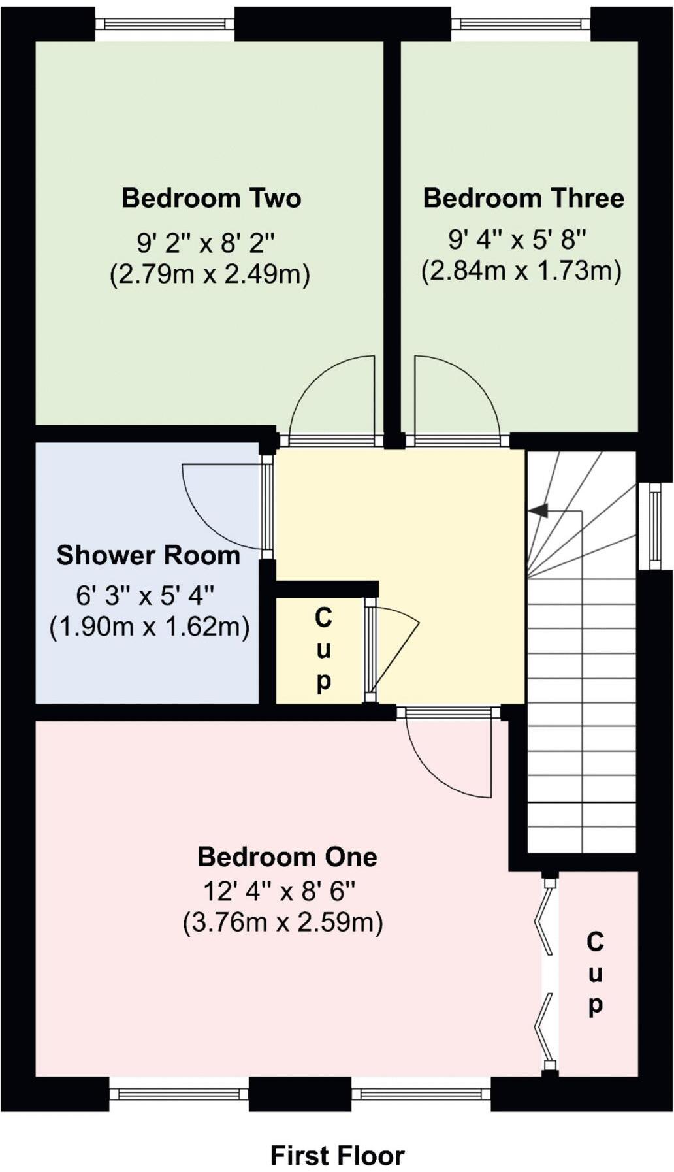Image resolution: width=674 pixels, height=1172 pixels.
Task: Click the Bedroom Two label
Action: coord(211,198)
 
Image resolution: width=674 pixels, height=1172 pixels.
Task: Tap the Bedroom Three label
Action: coord(523,198)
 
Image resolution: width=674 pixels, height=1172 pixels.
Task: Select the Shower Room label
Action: coord(148,555)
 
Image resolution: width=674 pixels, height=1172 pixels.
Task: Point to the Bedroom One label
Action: coord(287,856)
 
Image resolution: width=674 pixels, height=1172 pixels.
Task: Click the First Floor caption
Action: coord(337,1155)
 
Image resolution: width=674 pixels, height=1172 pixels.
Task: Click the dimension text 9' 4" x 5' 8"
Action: coord(517,240)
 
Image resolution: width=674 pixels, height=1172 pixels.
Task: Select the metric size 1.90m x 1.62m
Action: coord(150,627)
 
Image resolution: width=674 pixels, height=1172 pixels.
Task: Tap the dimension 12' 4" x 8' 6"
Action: coord(280,890)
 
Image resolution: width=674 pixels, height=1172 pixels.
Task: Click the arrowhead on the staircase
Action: coord(539,511)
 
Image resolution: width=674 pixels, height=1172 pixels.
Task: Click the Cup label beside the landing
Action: coord(323,649)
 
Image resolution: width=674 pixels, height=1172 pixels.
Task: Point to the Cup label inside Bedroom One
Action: coord(595,973)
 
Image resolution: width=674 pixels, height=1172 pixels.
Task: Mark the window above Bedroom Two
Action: coord(165,24)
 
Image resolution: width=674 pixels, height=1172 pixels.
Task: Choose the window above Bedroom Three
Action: coord(521,24)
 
